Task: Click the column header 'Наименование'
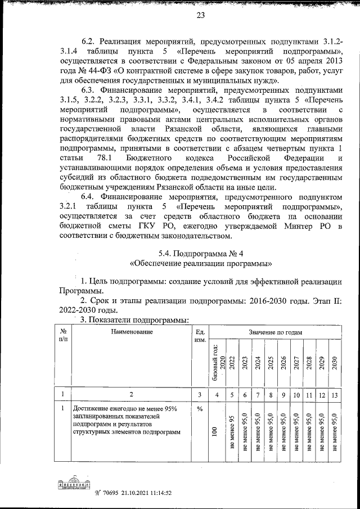pyautogui.click(x=131, y=332)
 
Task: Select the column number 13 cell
pyautogui.click(x=335, y=395)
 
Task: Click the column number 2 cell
pyautogui.click(x=131, y=395)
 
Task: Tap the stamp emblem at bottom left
pyautogui.click(x=71, y=485)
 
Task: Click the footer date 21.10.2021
pyautogui.click(x=125, y=493)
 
